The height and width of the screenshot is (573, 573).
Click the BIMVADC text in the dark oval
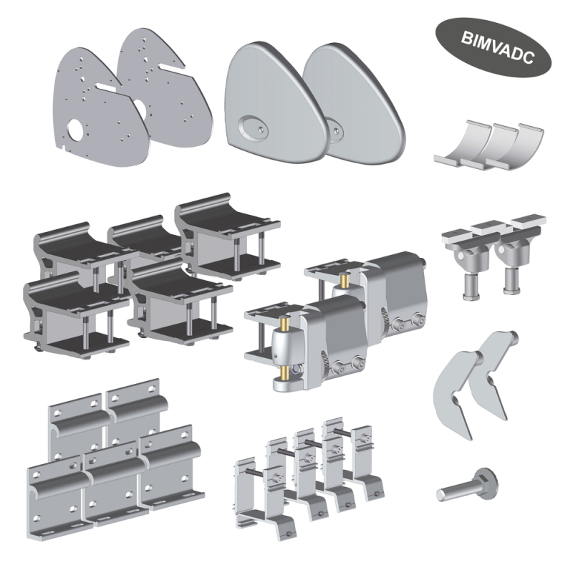pos(497,47)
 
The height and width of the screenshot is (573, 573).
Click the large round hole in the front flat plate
pos(77,130)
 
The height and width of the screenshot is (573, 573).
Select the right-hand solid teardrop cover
pos(353,104)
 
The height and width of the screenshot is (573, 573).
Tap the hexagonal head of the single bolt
pos(486,483)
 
